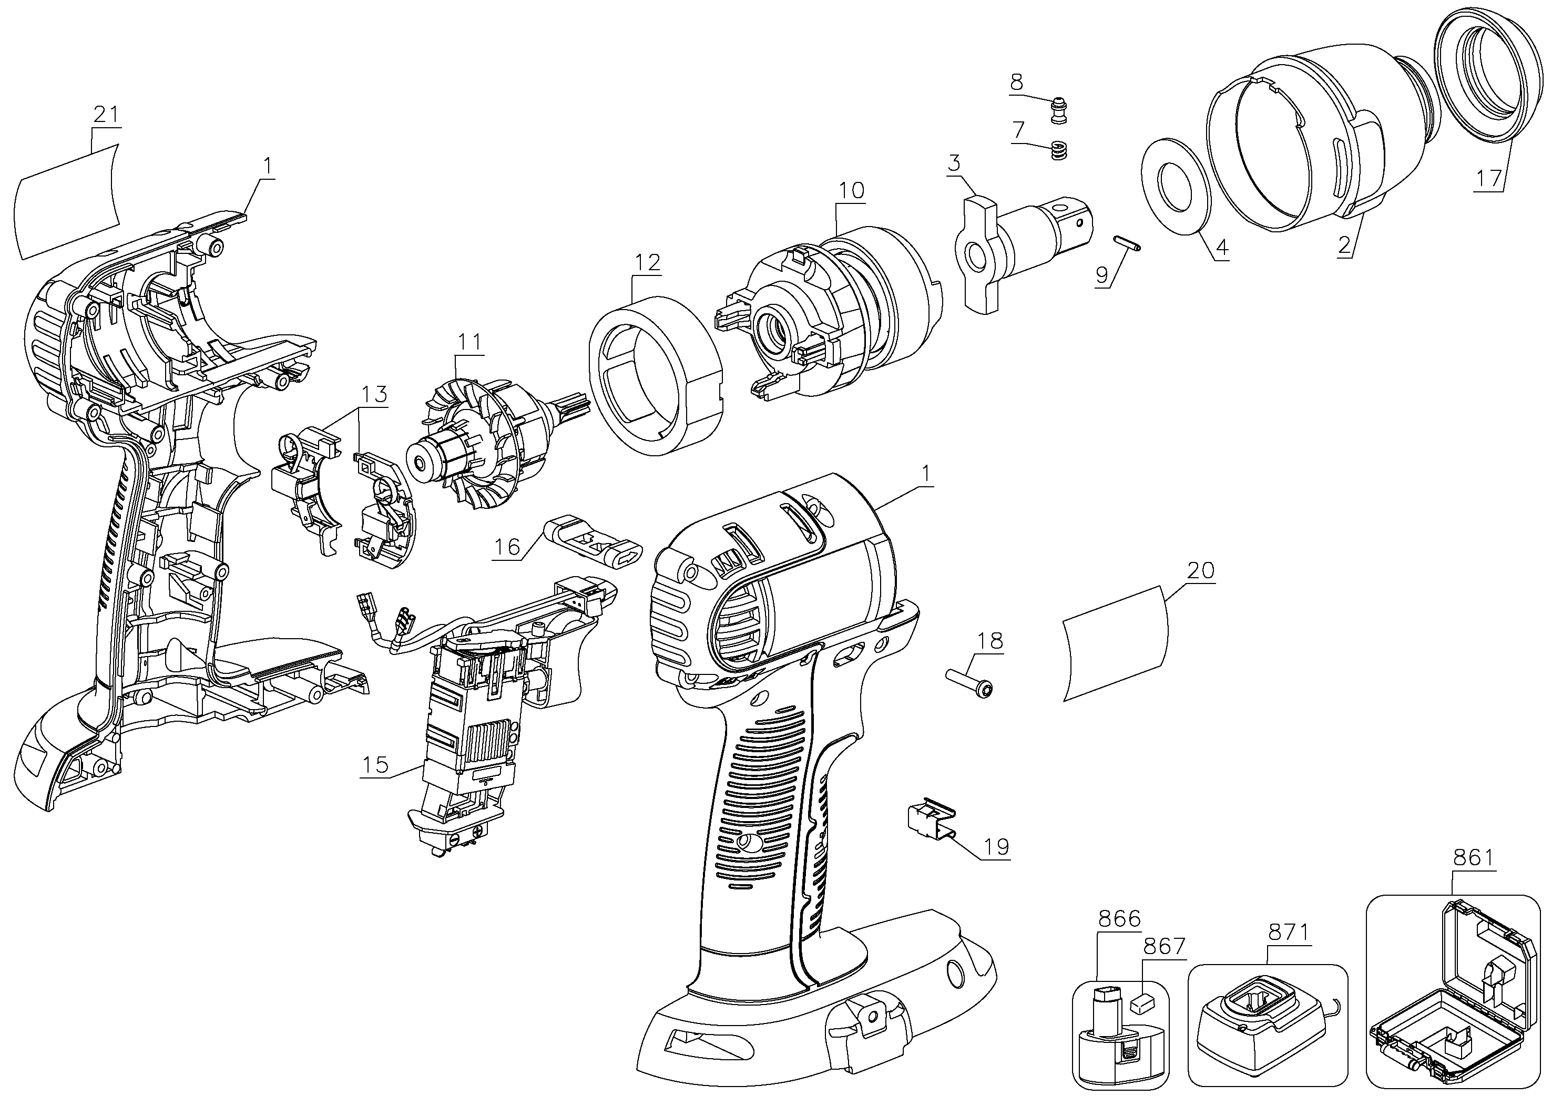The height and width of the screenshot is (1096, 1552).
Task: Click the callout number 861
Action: (x=1472, y=858)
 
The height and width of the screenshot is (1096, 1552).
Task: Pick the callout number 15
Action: (x=376, y=764)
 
